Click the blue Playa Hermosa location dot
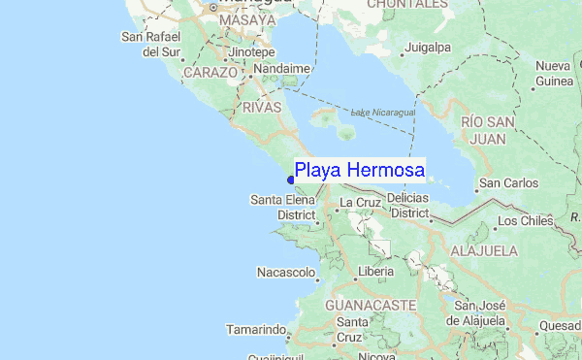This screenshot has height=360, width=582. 291,178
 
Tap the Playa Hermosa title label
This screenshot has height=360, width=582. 359,171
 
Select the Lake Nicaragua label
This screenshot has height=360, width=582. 382,113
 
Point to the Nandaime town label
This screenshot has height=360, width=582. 281,69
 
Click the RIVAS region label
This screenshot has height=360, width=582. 262,106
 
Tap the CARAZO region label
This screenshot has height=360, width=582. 210,73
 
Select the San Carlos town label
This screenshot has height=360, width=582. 508,182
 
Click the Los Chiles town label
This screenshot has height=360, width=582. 525,221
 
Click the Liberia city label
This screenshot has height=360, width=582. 375,272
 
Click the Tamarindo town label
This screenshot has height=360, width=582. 256,330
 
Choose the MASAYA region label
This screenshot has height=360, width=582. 246,19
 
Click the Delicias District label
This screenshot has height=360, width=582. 407,204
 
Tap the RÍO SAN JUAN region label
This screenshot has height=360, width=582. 486,130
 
